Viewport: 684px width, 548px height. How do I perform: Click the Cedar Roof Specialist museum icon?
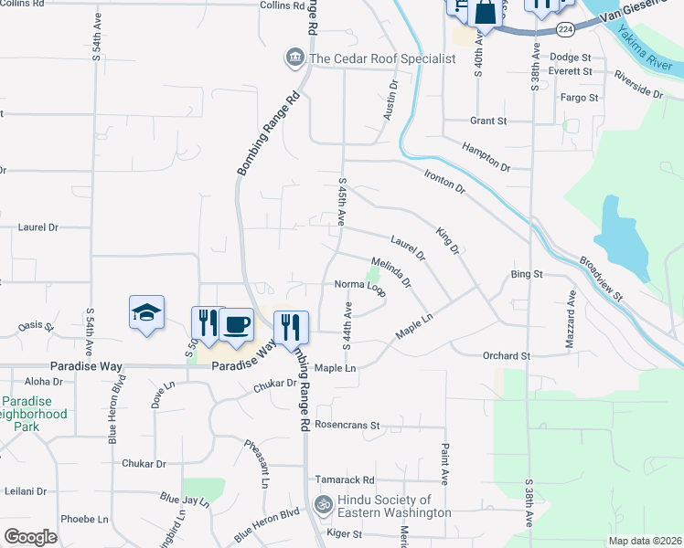[x=294, y=58]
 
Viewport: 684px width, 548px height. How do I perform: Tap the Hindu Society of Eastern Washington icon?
[x=322, y=503]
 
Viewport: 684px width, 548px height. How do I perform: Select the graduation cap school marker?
[x=147, y=312]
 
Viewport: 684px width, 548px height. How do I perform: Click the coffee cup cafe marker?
[x=236, y=325]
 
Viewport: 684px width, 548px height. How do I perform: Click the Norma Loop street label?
[x=359, y=284]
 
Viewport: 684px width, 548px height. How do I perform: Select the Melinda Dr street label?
[x=391, y=271]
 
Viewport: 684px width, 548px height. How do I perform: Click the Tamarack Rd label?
[x=345, y=479]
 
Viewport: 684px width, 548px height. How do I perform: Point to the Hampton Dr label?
[x=485, y=157]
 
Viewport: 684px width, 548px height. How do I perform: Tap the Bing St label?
[x=527, y=274]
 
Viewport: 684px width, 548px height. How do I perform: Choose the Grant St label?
[x=487, y=121]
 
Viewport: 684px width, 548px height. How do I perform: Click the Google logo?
[x=31, y=536]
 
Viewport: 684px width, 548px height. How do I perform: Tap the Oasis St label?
[x=37, y=326]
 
